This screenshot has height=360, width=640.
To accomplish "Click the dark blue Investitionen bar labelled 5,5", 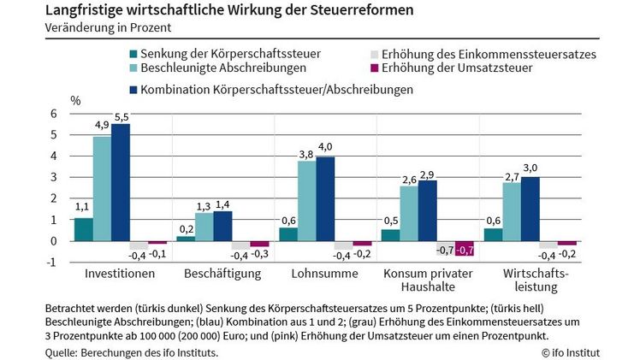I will pyautogui.click(x=121, y=182).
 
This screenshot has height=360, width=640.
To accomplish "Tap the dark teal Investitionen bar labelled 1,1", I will pyautogui.click(x=83, y=229).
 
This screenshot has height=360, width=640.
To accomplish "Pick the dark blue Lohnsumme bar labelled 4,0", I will pyautogui.click(x=326, y=198).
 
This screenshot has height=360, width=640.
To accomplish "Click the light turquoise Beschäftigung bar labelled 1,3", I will pyautogui.click(x=204, y=227).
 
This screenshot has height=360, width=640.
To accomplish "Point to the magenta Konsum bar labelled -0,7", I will pyautogui.click(x=465, y=249).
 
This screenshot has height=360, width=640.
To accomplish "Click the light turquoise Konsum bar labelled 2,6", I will pyautogui.click(x=409, y=213).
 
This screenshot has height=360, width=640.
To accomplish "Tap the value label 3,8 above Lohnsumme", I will pyautogui.click(x=306, y=155).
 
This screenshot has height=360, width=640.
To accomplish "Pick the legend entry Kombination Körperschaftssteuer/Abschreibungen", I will pyautogui.click(x=259, y=89).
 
